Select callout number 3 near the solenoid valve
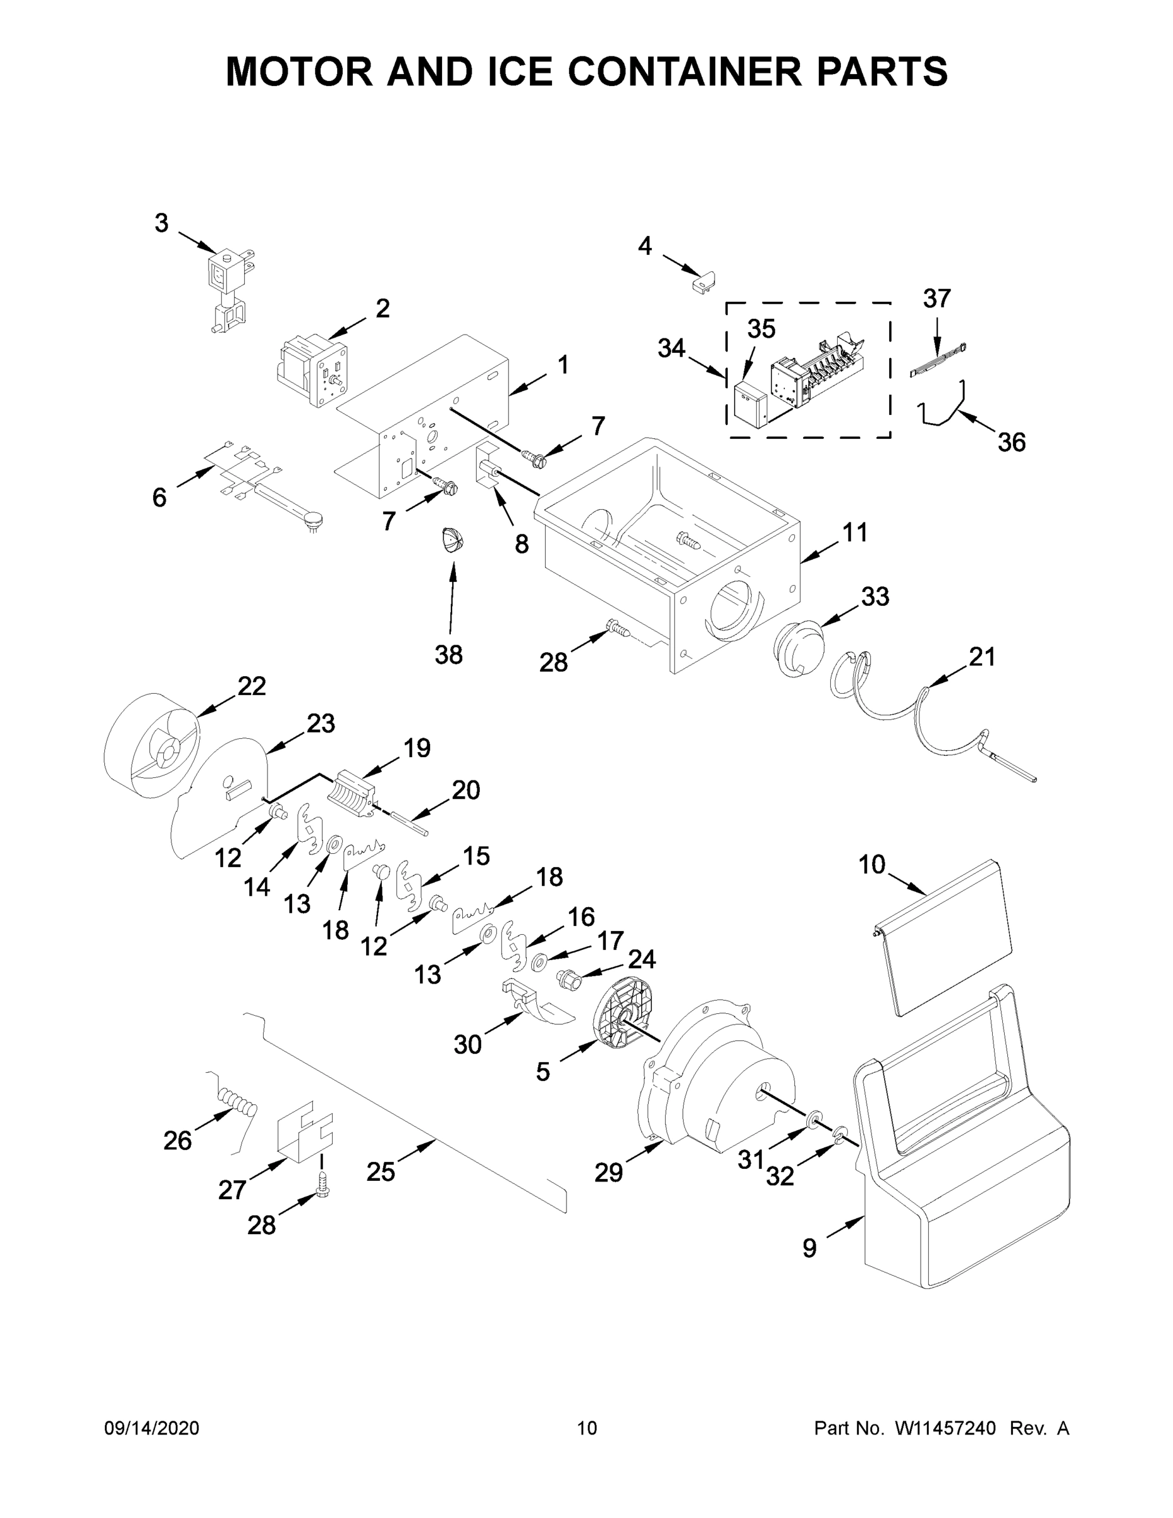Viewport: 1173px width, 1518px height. coord(161,224)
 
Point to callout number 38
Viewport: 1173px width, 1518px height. coord(448,654)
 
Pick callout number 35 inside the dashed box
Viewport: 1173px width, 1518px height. coord(761,329)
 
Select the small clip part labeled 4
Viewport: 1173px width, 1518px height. coord(704,282)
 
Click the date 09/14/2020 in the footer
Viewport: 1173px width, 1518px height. coord(152,1428)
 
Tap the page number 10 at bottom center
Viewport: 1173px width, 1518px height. coord(587,1428)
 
